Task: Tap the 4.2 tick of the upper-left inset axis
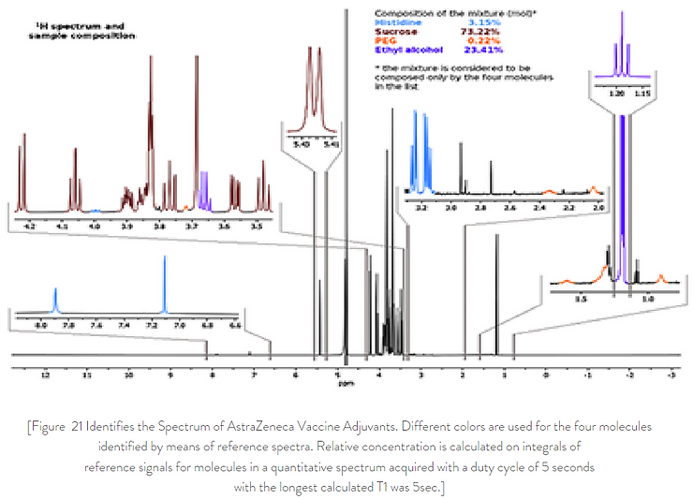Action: [30, 226]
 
